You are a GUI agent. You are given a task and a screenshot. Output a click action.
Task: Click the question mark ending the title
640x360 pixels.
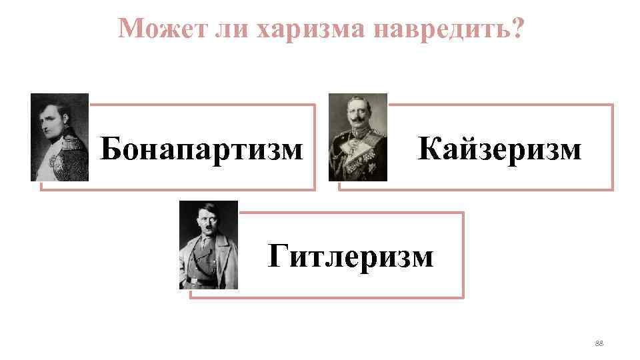click(x=515, y=28)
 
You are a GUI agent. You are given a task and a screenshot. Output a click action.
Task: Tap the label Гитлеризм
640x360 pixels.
click(x=350, y=255)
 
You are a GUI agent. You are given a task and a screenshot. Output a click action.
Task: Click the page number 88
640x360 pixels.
click(x=598, y=343)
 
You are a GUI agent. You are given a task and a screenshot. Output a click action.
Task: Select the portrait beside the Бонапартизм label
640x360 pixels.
click(x=59, y=137)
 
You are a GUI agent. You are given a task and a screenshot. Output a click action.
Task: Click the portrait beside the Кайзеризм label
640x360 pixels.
click(x=357, y=137)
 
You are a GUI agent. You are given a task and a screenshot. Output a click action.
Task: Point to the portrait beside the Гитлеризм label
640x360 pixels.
click(x=208, y=245)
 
